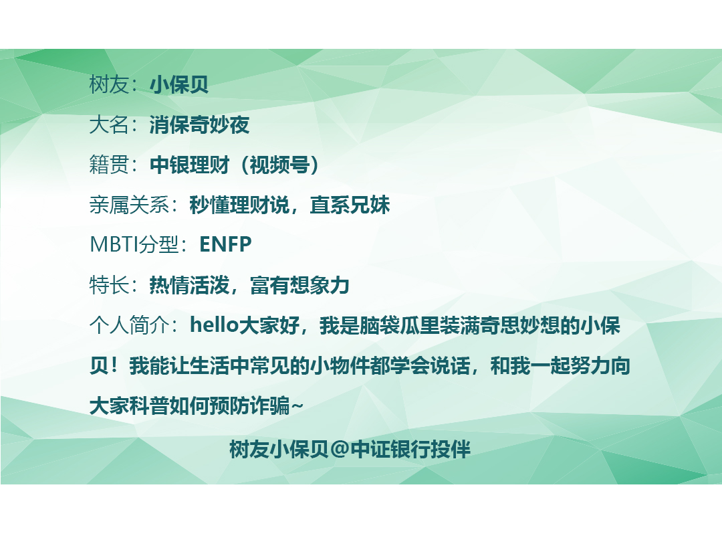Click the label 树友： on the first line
[x=114, y=84]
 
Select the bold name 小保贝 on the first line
[x=179, y=84]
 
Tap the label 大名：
[x=114, y=124]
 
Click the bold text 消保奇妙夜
[x=199, y=124]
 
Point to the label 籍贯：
[x=114, y=165]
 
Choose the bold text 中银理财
[x=189, y=165]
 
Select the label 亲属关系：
[x=134, y=205]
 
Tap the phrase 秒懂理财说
[x=239, y=205]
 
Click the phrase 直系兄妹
[x=350, y=205]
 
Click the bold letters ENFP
[x=226, y=244]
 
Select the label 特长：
[x=114, y=285]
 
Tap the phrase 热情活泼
[x=189, y=285]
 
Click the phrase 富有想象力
[x=299, y=285]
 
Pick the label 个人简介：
[x=134, y=325]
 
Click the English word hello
[x=214, y=325]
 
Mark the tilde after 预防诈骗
[x=297, y=406]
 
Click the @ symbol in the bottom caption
[x=340, y=449]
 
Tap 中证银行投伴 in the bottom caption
[x=410, y=449]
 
